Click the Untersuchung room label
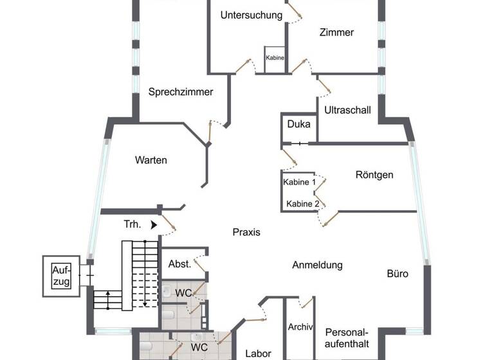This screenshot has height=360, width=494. pos(251,15)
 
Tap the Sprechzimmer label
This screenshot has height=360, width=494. pos(181,92)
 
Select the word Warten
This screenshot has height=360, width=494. pos(151,160)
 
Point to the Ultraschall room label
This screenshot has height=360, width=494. pos(347,110)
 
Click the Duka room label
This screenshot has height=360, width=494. pos(298,124)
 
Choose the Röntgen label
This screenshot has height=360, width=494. pos(374,174)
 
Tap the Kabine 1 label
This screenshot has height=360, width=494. pos(300,182)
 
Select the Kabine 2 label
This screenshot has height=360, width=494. pos(303,204)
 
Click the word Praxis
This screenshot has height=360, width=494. pos(246,232)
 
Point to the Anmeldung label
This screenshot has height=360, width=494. pos(317,265)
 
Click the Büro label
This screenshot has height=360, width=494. pos(398,273)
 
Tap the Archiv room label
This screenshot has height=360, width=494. pos(300,327)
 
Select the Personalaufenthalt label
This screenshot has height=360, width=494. pos(347,338)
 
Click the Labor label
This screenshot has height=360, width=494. pos(258,354)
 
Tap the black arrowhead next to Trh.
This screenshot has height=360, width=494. pos(153,224)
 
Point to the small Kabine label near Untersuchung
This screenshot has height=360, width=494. pos(275,58)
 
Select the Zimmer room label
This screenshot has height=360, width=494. pos(336,32)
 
